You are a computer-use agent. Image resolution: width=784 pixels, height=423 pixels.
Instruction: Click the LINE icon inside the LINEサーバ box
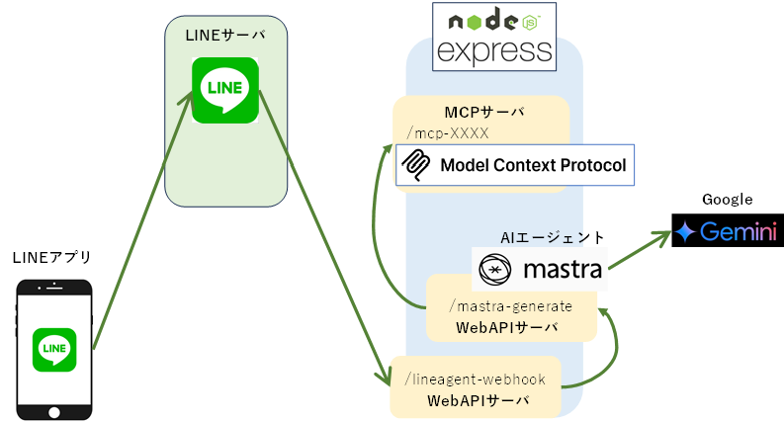[x=225, y=90]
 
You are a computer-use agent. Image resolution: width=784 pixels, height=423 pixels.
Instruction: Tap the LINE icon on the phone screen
[x=55, y=347]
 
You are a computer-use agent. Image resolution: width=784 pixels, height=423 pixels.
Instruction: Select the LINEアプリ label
[x=51, y=258]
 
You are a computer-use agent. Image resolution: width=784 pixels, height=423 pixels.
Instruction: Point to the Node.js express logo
[x=493, y=36]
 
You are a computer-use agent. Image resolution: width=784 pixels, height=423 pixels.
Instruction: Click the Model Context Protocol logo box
[x=514, y=165]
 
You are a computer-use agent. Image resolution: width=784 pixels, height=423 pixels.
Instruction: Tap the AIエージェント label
[x=553, y=237]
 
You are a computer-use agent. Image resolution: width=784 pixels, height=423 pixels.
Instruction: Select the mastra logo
[x=539, y=269]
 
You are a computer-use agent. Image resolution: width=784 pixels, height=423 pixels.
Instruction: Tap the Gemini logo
[x=726, y=232]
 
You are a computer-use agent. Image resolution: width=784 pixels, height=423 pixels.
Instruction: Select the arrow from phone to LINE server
[x=143, y=219]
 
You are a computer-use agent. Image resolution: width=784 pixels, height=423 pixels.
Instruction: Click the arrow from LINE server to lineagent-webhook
[x=321, y=237]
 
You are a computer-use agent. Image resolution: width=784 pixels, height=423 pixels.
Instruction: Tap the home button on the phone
[x=55, y=402]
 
